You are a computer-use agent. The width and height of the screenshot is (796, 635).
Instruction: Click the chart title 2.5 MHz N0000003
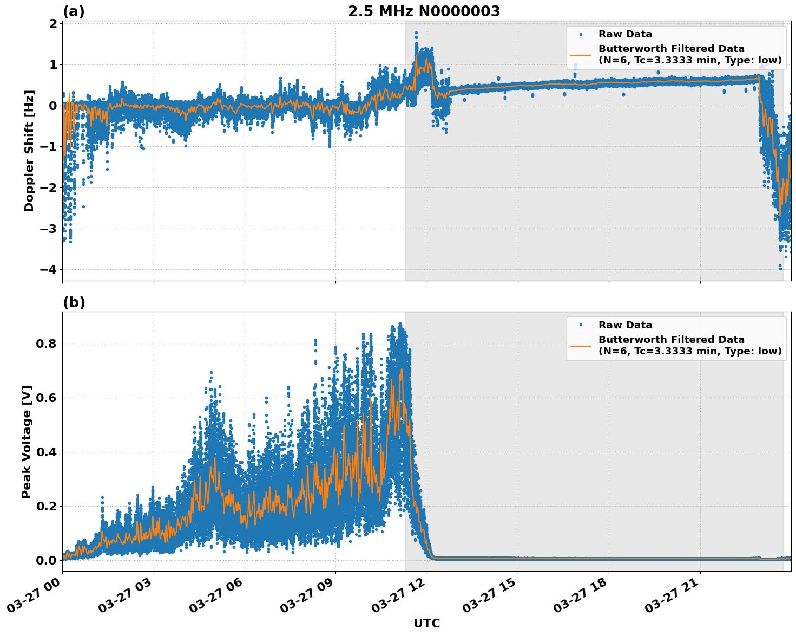pos(424,11)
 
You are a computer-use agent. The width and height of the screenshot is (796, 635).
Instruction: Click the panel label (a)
pos(74,11)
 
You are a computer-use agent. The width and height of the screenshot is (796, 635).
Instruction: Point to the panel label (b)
pos(74,302)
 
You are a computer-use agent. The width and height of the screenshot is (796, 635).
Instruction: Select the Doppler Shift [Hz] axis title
pos(29,151)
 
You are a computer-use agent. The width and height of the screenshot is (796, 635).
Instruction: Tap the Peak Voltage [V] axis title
pos(27,442)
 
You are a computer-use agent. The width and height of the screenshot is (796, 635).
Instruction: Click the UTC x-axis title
pos(426,623)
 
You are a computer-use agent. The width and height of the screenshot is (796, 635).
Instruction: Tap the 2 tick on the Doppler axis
pos(53,23)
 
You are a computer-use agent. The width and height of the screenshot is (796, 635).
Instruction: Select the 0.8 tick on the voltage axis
pos(47,344)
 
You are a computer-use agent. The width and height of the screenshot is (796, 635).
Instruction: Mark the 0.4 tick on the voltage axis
pos(47,452)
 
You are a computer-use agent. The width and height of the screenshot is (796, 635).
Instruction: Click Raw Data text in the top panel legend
pos(625,34)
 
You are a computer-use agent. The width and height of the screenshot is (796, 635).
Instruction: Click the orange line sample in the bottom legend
pos(580,345)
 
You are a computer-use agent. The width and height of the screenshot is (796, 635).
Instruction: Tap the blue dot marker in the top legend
pos(580,34)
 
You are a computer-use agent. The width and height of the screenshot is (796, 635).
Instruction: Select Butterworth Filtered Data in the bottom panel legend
pos(671,340)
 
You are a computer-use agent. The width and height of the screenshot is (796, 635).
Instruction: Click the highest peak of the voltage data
pos(400,323)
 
